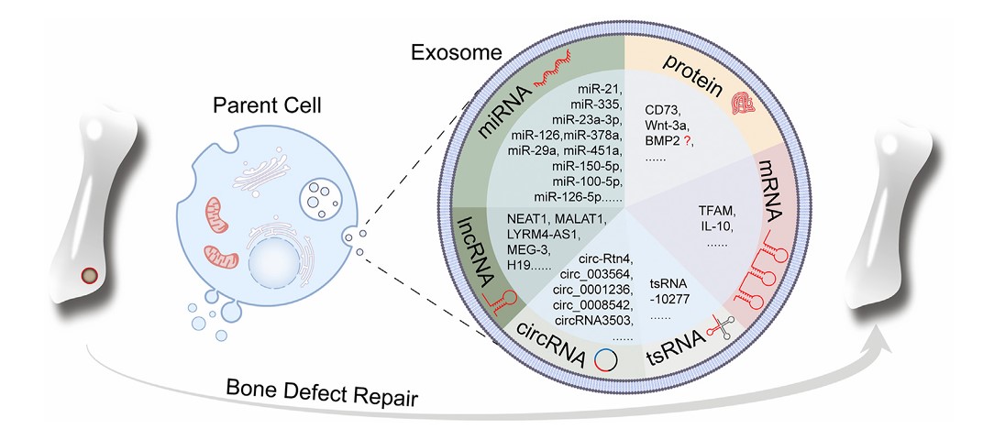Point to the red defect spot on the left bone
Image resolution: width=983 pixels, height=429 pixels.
coord(89,274)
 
